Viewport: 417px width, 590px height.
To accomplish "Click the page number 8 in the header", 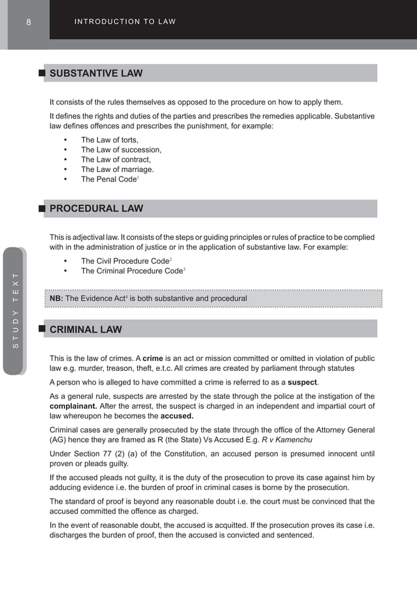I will click(29, 22).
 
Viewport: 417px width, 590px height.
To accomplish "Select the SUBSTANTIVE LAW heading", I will click(96, 73).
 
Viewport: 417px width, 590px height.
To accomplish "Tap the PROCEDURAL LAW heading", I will click(96, 209).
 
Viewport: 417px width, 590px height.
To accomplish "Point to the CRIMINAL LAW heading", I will click(86, 330).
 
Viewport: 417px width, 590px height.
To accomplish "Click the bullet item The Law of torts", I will click(109, 140).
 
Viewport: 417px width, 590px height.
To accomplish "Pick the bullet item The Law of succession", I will click(121, 150).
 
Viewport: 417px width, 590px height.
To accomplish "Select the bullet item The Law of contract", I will click(116, 160).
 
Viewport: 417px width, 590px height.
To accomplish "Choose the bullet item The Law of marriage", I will click(117, 169).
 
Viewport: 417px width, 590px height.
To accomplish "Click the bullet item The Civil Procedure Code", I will click(125, 261).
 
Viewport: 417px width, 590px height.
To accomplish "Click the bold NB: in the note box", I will click(56, 299).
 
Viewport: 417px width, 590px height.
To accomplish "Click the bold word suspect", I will click(303, 382).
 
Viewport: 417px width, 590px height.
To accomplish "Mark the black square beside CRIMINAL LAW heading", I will click(42, 328).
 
